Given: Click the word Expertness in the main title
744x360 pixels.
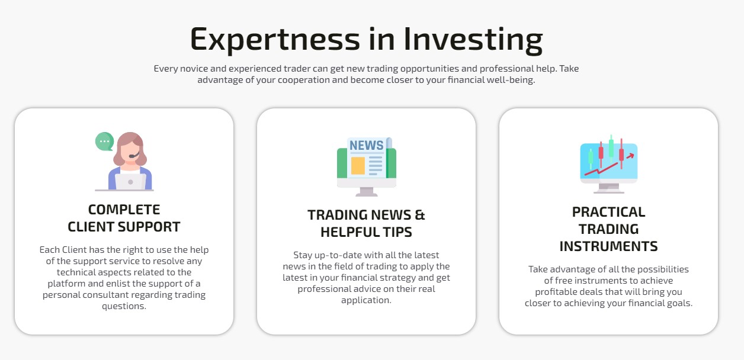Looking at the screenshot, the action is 275,40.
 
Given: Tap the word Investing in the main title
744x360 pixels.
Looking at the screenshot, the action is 473,40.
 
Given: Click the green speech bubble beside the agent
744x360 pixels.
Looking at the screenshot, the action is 104,142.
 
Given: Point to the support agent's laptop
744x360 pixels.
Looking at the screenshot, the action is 130,182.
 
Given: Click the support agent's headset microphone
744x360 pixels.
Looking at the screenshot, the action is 133,155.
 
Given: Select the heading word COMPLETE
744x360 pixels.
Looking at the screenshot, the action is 124,210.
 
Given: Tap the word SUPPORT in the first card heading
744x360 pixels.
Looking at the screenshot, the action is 149,227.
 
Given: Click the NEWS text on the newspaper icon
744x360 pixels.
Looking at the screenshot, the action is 366,145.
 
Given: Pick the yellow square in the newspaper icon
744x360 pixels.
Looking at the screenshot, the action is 358,165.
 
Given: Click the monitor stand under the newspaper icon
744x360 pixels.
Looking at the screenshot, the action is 366,192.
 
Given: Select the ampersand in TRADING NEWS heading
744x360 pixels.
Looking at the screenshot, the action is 420,215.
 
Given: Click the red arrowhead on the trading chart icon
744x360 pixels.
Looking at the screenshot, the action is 631,156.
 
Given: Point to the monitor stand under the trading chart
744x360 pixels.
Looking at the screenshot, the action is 608,189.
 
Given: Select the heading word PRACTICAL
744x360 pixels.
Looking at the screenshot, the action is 608,212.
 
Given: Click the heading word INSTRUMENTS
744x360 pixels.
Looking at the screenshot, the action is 608,246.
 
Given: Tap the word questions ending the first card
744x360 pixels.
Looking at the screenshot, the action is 124,306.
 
